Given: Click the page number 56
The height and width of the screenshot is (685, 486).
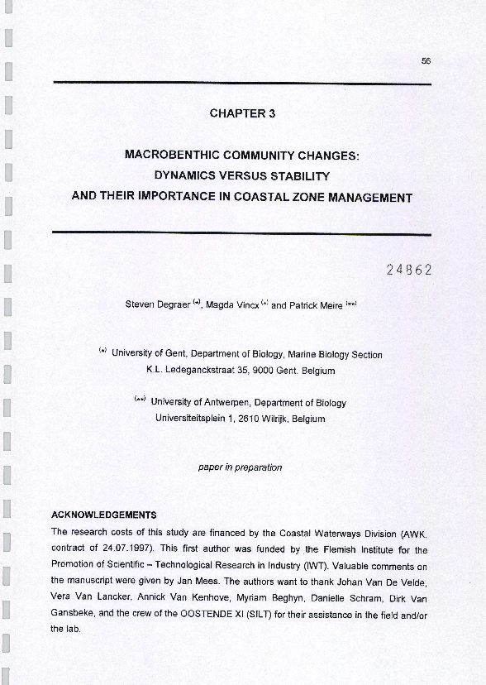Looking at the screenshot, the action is point(426,60).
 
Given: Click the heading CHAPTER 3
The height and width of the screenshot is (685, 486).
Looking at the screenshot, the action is point(242,114).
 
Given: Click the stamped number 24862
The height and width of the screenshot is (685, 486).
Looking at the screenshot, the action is point(408,270).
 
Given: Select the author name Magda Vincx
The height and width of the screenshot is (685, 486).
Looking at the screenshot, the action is point(231,304).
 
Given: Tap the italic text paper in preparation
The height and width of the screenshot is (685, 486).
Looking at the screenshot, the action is point(240,467).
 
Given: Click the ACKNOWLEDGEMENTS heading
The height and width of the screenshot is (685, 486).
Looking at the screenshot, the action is point(103,515).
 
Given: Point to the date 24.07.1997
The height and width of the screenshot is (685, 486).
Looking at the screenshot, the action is point(131,549).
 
